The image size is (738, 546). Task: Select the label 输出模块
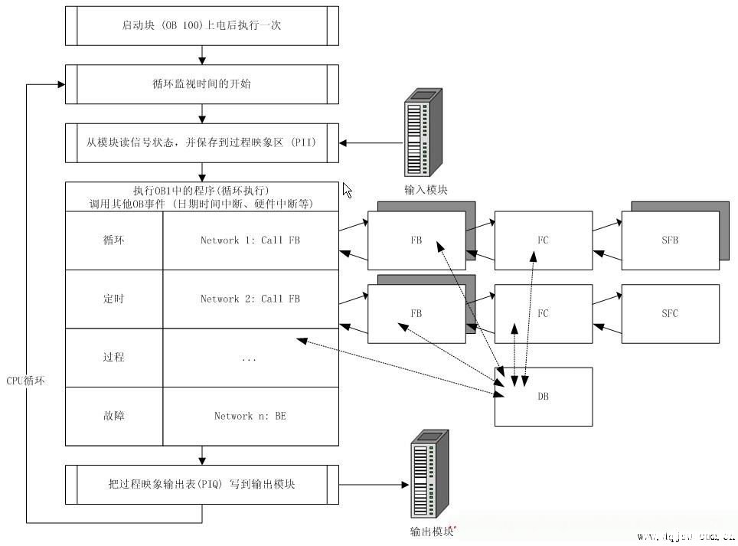tap(432, 531)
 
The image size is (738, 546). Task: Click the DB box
tap(544, 397)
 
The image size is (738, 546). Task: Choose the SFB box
tap(670, 240)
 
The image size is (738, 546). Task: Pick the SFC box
tap(670, 313)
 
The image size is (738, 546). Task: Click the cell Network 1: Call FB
tap(250, 240)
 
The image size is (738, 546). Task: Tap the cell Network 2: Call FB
tap(250, 299)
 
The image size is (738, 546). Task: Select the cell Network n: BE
tap(250, 416)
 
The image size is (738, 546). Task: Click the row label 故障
tap(113, 416)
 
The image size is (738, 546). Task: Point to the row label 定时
tap(113, 299)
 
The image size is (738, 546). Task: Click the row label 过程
tap(113, 357)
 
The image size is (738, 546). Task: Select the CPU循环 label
tap(26, 381)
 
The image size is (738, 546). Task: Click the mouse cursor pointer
tap(348, 190)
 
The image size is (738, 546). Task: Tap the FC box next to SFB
tap(544, 240)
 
